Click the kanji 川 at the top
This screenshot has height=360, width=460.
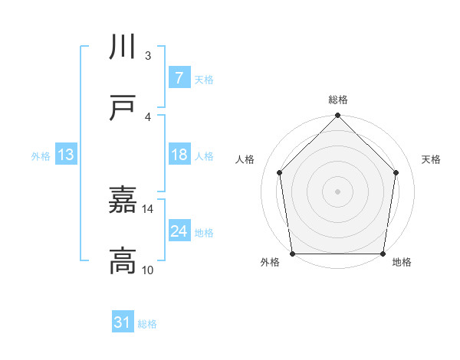pyautogui.click(x=123, y=47)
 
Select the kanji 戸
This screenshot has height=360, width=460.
pyautogui.click(x=123, y=109)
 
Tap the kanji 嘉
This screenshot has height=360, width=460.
pyautogui.click(x=123, y=201)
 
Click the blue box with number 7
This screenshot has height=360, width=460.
pyautogui.click(x=179, y=77)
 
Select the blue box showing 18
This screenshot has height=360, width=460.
pyautogui.click(x=179, y=155)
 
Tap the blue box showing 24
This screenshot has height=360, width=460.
pyautogui.click(x=179, y=231)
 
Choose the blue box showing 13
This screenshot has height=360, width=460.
pyautogui.click(x=65, y=155)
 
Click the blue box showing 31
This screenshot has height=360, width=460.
pyautogui.click(x=123, y=322)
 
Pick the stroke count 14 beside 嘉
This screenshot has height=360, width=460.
pyautogui.click(x=148, y=208)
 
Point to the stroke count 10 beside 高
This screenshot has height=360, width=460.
pyautogui.click(x=148, y=270)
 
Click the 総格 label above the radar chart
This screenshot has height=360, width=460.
pyautogui.click(x=338, y=100)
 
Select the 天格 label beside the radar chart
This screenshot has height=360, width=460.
pyautogui.click(x=431, y=159)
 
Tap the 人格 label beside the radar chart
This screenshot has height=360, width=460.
pyautogui.click(x=245, y=159)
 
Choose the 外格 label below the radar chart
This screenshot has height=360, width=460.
pyautogui.click(x=270, y=262)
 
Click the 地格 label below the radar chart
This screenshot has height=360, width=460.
pyautogui.click(x=402, y=262)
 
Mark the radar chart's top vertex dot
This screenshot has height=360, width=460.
pyautogui.click(x=338, y=116)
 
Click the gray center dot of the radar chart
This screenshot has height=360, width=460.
pyautogui.click(x=338, y=191)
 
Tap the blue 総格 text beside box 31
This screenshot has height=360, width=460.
pyautogui.click(x=147, y=323)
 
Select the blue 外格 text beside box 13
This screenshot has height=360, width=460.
pyautogui.click(x=41, y=155)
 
